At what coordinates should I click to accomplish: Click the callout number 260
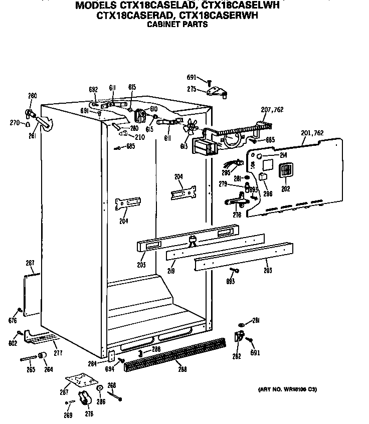coord(32,96)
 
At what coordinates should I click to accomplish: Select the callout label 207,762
coord(272,110)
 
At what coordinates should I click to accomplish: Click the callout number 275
coord(192,89)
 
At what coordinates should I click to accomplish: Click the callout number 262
coord(237,356)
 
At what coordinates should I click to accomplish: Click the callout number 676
coord(13,320)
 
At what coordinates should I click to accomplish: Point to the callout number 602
coord(13,343)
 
